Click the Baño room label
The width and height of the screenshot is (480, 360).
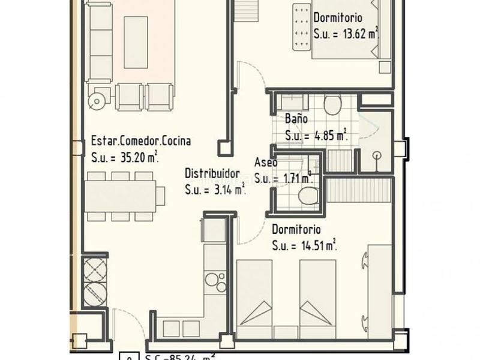(x=296, y=119)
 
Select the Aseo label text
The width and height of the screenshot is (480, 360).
(x=266, y=163)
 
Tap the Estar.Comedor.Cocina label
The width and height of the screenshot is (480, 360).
(x=141, y=142)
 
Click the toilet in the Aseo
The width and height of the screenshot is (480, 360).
(x=309, y=195)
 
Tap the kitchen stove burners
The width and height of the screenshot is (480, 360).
(x=214, y=280)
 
